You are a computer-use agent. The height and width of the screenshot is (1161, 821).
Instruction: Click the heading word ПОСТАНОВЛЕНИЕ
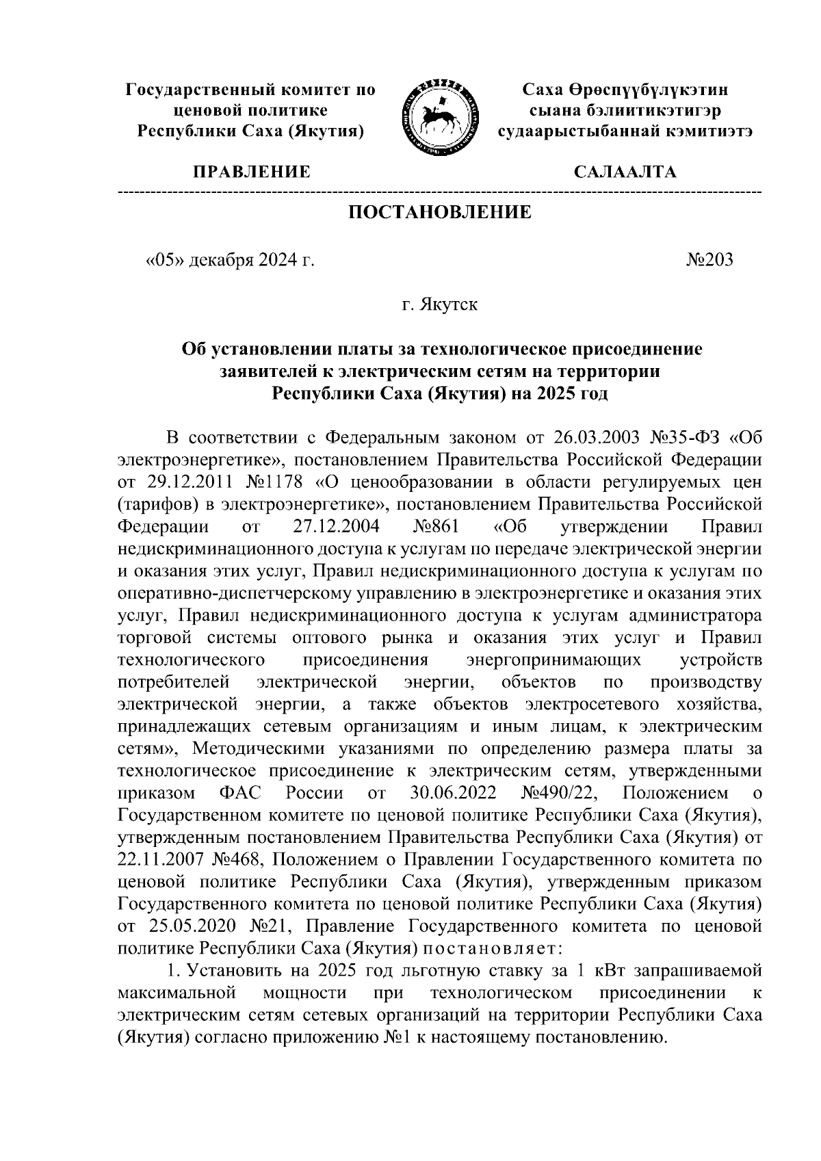click(440, 213)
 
